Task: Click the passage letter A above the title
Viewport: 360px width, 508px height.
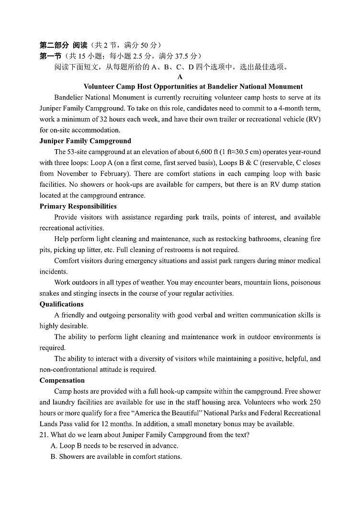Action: click(x=180, y=77)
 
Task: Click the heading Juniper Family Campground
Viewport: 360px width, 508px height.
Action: click(x=85, y=141)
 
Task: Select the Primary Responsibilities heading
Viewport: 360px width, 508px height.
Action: click(x=78, y=206)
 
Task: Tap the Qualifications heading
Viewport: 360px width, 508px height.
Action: click(x=61, y=304)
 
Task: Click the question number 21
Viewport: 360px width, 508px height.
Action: click(x=44, y=435)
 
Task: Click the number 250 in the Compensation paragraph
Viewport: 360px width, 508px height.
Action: click(x=315, y=402)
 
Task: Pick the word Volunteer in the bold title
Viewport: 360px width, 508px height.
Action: click(x=99, y=87)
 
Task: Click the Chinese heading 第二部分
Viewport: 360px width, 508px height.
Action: click(x=54, y=45)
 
